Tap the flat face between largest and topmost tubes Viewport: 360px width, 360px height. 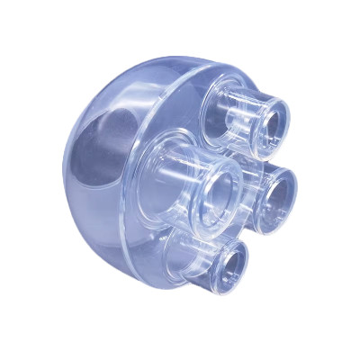[193, 117]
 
